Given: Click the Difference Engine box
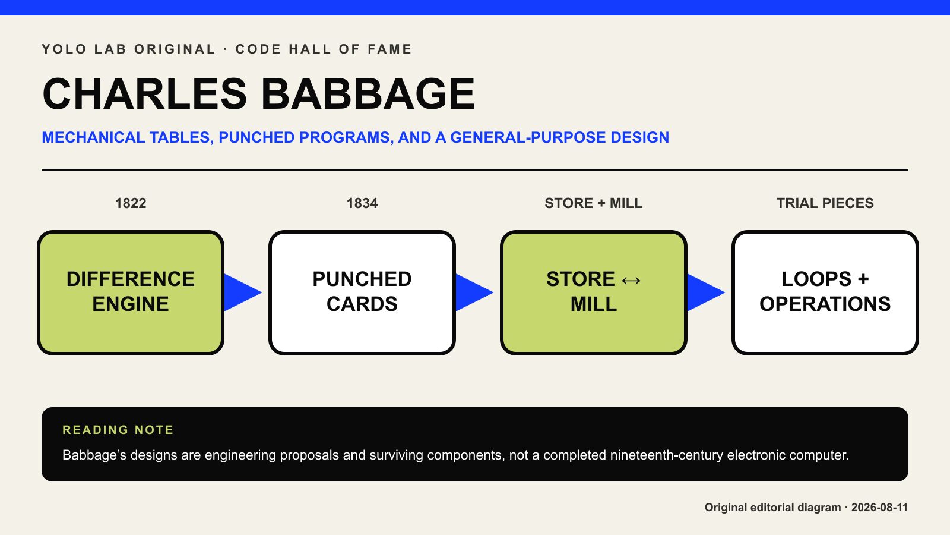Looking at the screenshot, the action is click(131, 292).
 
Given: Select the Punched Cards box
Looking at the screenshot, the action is click(362, 292).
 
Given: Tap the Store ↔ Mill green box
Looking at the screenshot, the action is click(594, 292).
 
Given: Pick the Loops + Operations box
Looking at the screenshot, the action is click(825, 292).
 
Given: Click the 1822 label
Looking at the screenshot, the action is click(131, 203).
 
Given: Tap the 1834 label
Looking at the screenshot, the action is click(362, 203).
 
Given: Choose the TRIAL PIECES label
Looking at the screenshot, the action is click(825, 203).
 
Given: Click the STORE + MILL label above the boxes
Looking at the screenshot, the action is click(594, 203).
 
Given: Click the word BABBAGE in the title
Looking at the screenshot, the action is click(368, 94).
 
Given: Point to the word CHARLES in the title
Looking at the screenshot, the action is click(145, 94).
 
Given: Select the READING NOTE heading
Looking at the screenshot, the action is click(118, 430).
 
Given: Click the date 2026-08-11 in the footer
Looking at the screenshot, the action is click(879, 508).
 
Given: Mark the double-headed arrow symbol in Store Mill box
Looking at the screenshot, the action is click(631, 280).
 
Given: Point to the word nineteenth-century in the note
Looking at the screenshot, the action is click(667, 455).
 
